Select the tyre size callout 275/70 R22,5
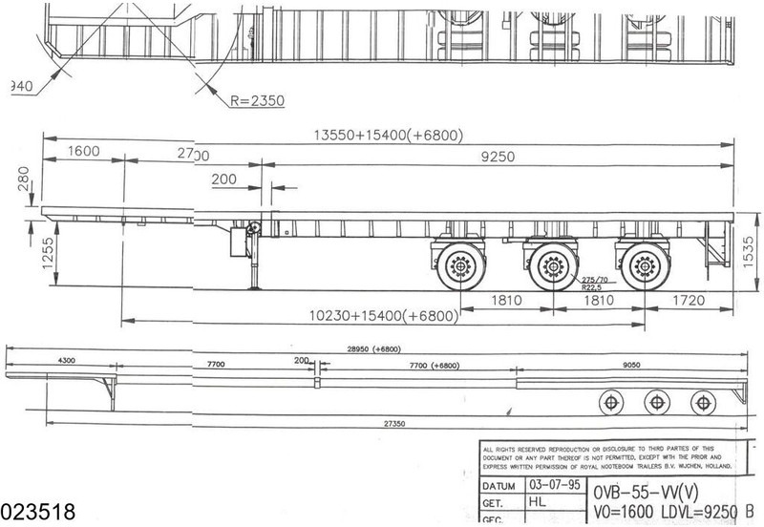coord(590,278)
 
